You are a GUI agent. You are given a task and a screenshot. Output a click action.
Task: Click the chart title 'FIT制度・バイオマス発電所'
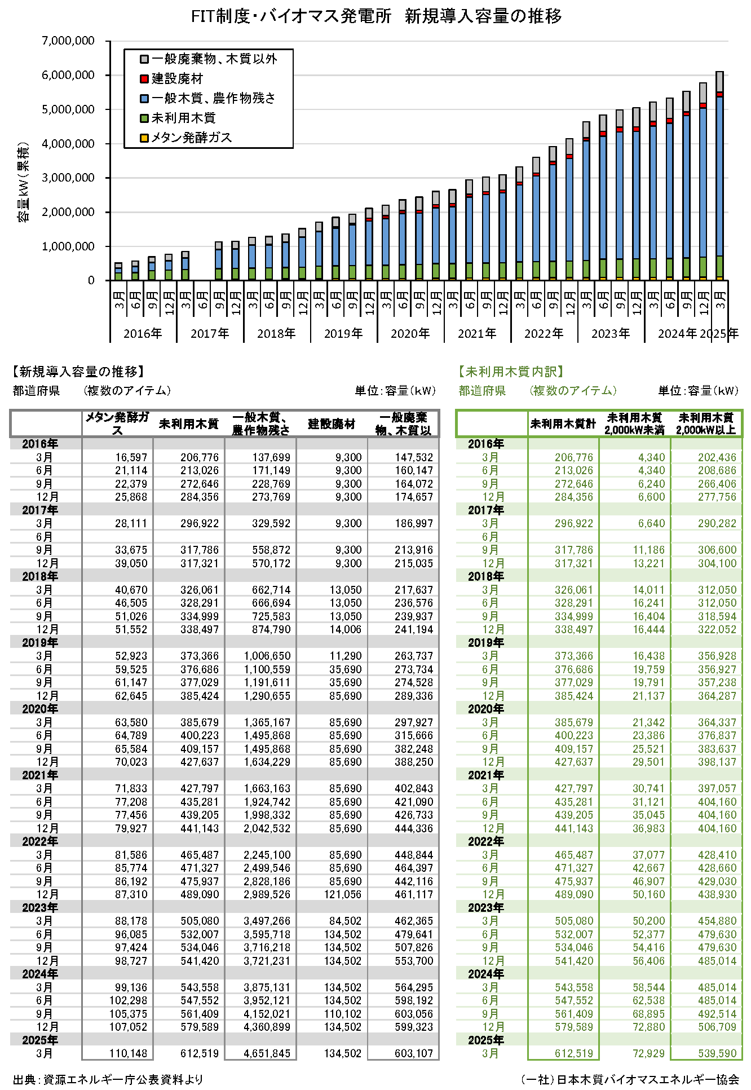pos(291,16)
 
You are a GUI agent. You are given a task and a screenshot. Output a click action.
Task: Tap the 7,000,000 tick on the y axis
pos(68,41)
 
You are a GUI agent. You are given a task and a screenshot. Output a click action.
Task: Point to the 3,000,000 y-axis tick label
pos(68,178)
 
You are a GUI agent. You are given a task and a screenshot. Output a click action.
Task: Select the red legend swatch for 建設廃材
pos(144,79)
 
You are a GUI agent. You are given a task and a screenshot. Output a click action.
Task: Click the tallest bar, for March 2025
pos(719,175)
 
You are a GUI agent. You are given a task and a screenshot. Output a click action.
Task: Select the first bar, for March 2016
pos(118,272)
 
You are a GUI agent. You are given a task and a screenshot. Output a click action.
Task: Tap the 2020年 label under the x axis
pos(410,333)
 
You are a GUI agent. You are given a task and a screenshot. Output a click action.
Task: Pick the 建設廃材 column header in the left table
pos(332,424)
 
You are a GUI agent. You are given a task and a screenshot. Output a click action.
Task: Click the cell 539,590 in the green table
pos(717,1053)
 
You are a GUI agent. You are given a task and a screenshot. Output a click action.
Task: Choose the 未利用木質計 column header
pos(563,424)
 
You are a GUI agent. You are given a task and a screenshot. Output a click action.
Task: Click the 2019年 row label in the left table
pos(40,643)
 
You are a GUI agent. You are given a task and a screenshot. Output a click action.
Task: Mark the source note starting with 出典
pos(108,1079)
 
